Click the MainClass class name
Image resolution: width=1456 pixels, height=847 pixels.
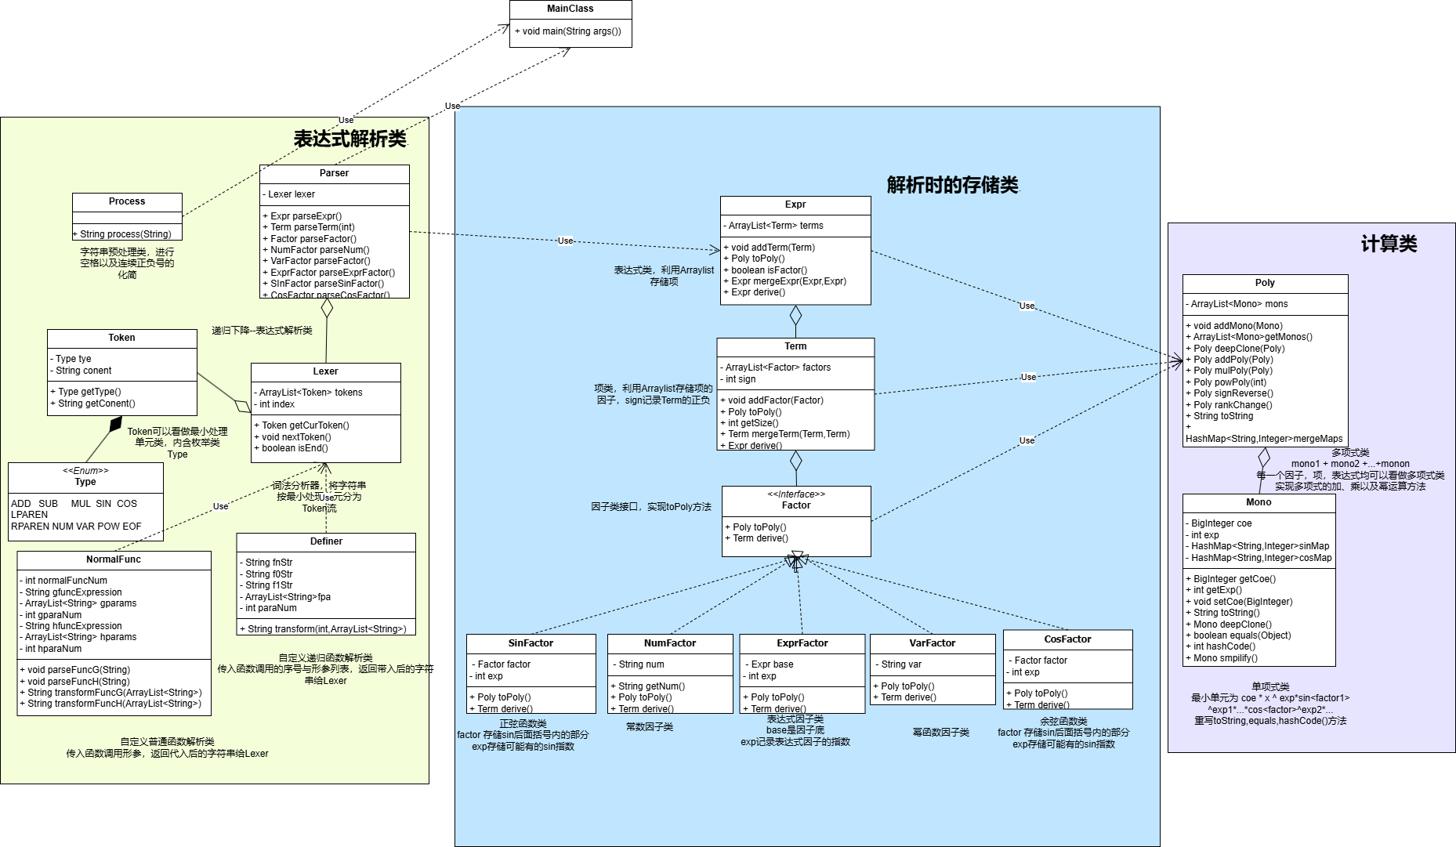coord(570,9)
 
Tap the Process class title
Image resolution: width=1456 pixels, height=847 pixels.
coord(127,201)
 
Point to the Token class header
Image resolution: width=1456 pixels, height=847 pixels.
coord(121,338)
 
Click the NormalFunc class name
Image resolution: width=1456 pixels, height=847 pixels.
coord(114,559)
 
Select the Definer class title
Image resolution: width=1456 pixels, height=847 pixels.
coord(326,541)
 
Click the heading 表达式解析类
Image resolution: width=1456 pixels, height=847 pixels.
coord(350,139)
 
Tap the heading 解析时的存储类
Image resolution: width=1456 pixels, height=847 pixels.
coord(952,185)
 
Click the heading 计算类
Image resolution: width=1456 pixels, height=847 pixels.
coord(1389,244)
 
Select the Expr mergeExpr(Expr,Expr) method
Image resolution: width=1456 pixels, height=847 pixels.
coord(788,281)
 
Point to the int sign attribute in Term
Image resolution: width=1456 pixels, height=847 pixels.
coord(741,379)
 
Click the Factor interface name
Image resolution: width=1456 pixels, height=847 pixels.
coord(796,505)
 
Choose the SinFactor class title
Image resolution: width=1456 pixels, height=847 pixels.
coord(531,643)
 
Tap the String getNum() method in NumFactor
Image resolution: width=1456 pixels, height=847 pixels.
coord(651,686)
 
